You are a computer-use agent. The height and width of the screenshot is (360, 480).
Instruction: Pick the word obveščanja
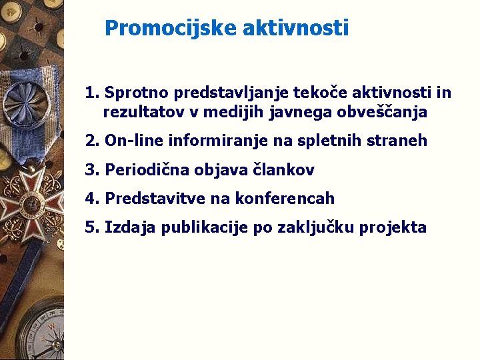[x=382, y=113]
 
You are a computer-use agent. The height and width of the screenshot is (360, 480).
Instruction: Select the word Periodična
[x=147, y=170]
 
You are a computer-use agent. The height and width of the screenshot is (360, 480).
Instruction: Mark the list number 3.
[x=91, y=170]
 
